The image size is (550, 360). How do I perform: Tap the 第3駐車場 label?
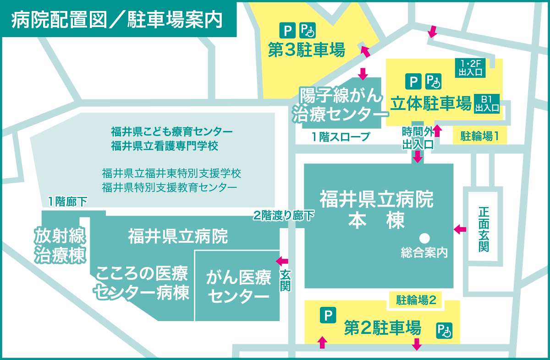[307, 50]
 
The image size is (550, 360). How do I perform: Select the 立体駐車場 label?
[431, 104]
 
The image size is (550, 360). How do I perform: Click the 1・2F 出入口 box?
[469, 67]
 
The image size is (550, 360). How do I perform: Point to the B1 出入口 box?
[486, 104]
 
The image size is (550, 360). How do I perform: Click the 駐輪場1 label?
[479, 136]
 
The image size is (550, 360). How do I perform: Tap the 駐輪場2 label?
[415, 300]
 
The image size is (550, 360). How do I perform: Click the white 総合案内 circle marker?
[424, 238]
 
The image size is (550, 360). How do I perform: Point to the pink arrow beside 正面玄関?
[459, 229]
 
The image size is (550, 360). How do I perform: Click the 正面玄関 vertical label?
[484, 229]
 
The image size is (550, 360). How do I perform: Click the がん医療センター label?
[238, 287]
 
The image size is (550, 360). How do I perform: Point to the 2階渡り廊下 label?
[284, 215]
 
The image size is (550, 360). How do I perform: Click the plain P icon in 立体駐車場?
[413, 82]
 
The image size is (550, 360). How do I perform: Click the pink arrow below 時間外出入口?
[418, 157]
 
